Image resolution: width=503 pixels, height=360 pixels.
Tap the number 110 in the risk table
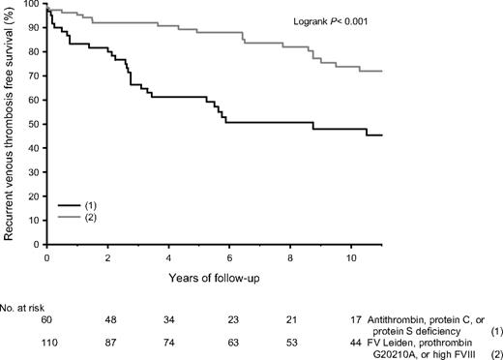pyautogui.click(x=46, y=344)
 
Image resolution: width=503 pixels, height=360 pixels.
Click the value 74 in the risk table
pyautogui.click(x=169, y=344)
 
